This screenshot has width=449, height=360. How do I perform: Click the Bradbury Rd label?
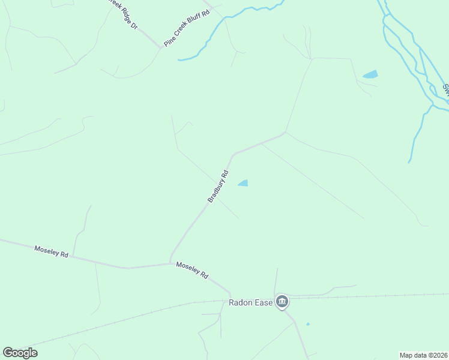(218, 186)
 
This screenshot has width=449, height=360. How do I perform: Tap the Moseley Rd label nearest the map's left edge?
(51, 251)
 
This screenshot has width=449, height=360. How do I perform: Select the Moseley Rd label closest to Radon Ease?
(192, 270)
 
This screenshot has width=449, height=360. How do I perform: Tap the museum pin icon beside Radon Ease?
(282, 301)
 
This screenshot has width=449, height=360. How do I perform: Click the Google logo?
(20, 353)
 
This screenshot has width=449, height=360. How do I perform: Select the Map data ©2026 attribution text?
(423, 355)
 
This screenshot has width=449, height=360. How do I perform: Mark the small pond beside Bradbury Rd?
(244, 183)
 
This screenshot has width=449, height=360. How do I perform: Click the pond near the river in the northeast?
(370, 75)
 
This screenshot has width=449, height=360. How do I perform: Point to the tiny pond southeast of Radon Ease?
(308, 325)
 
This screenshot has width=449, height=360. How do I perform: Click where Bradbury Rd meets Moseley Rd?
(170, 263)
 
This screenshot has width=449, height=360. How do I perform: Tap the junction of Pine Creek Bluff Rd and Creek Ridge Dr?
(161, 47)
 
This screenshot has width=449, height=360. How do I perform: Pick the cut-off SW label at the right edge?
(446, 90)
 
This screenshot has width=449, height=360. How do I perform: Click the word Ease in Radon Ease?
(263, 302)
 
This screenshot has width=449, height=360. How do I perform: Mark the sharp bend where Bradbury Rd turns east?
(233, 154)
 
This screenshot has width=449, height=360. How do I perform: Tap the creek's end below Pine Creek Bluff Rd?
(179, 59)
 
